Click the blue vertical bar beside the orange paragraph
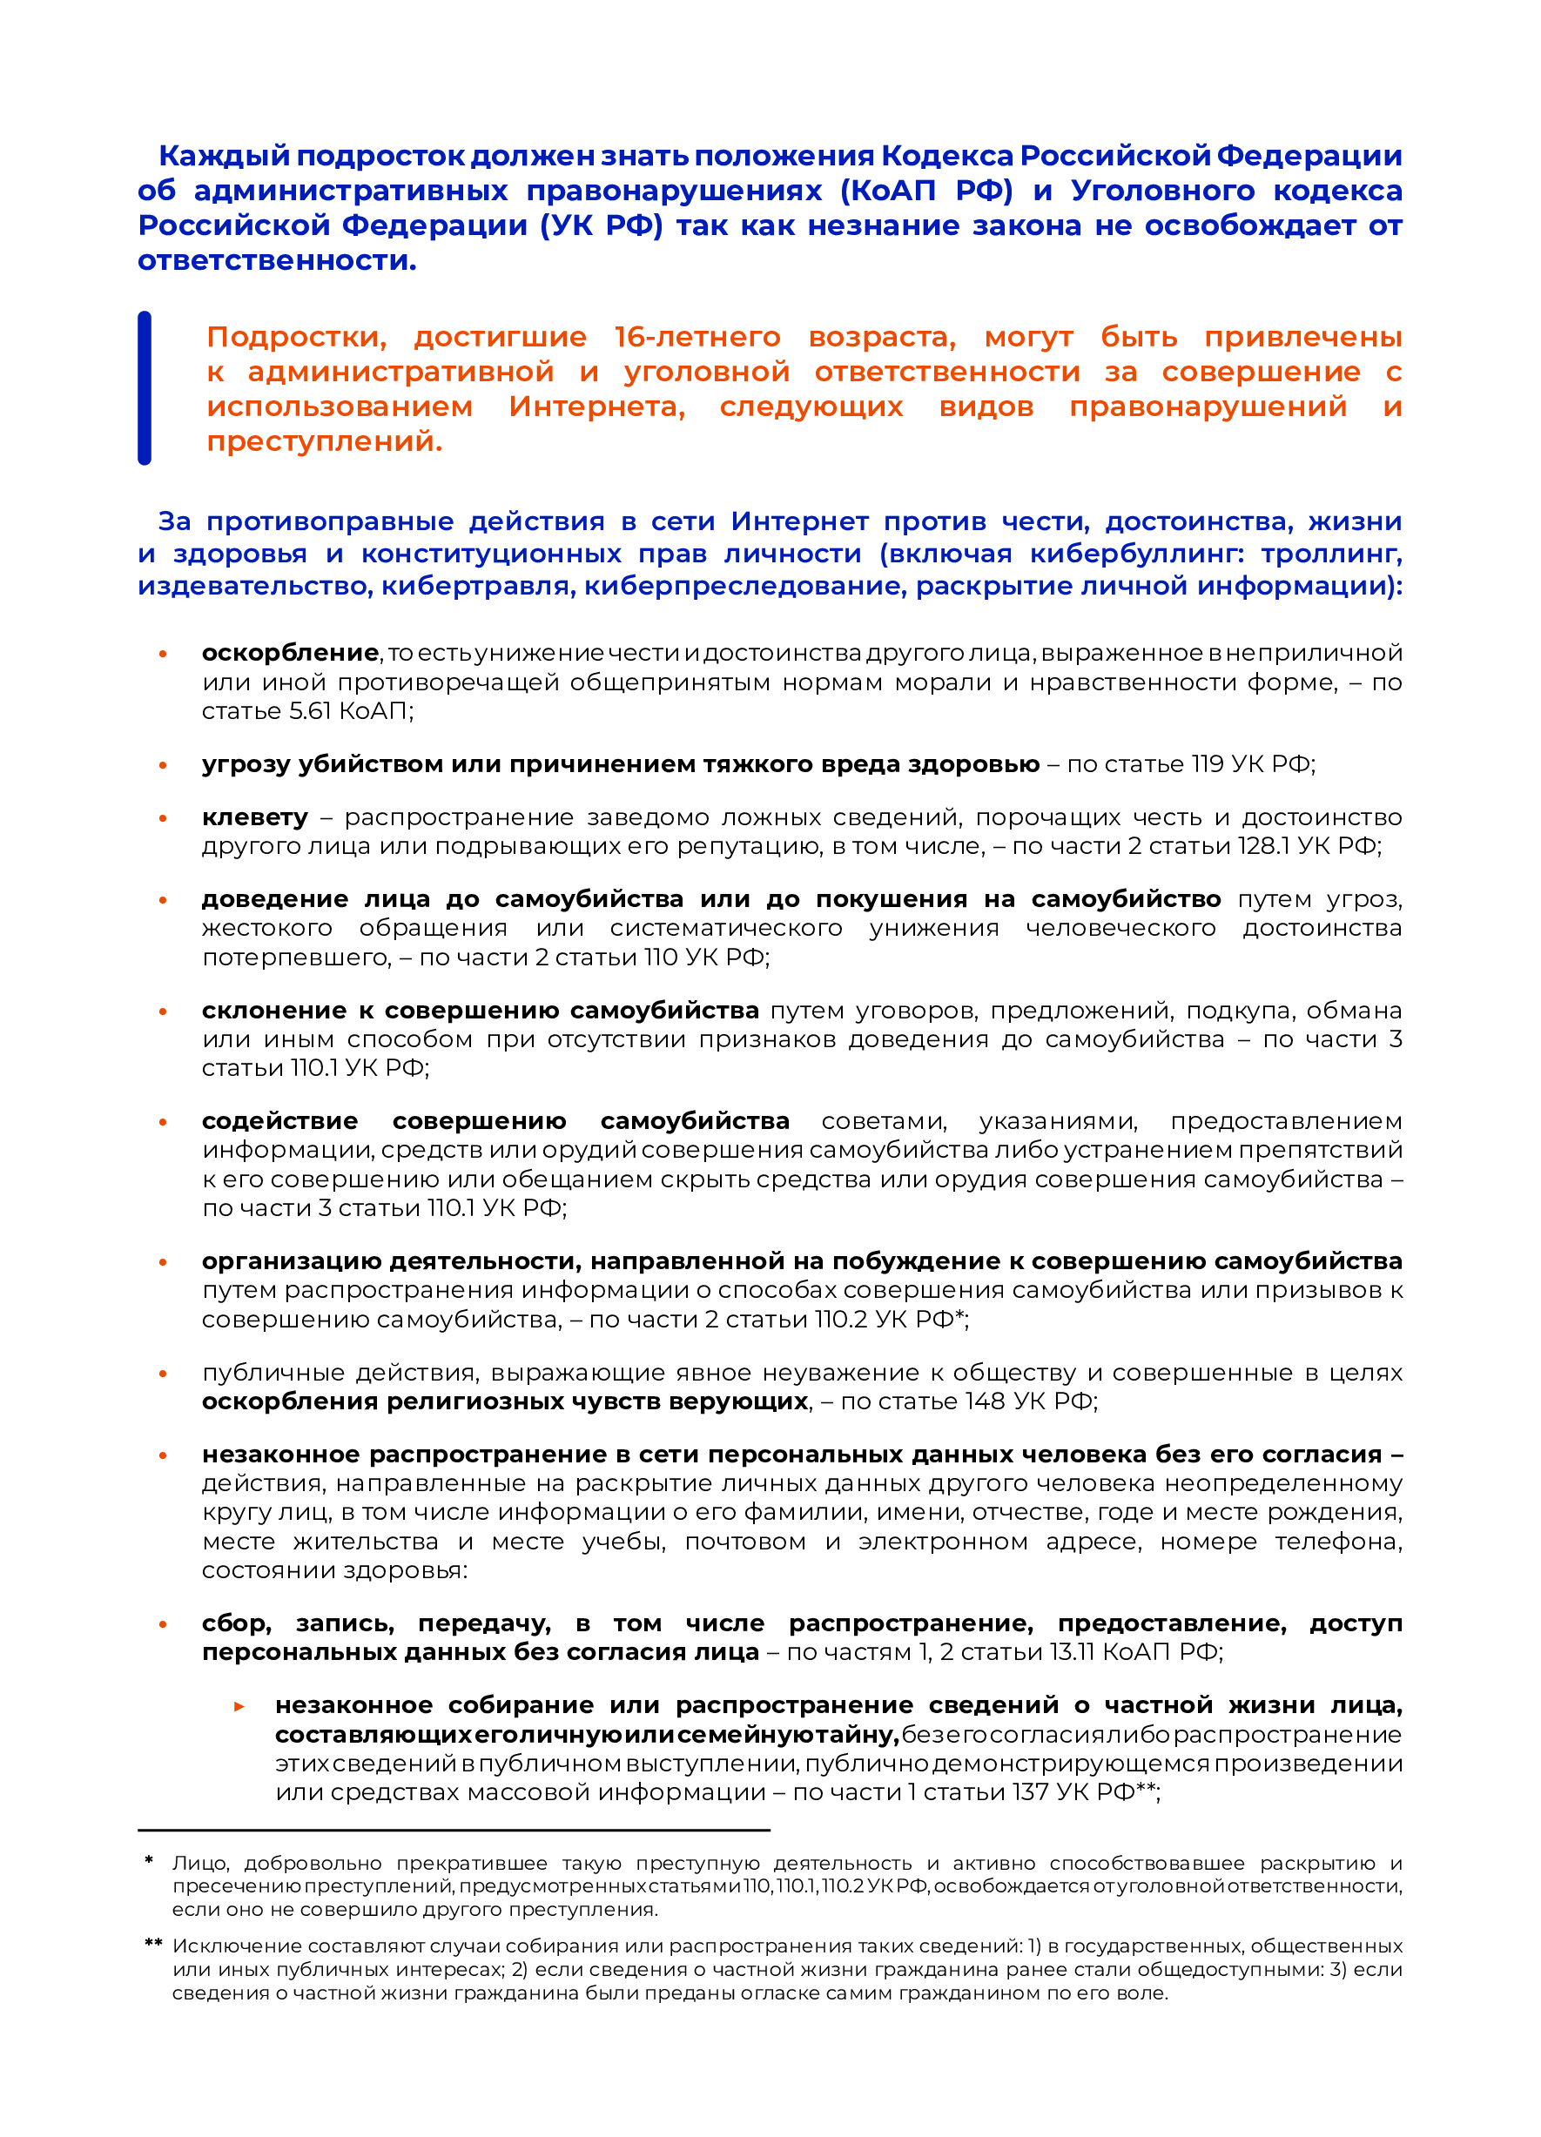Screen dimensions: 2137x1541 [145, 387]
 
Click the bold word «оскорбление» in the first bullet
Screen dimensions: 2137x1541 [290, 652]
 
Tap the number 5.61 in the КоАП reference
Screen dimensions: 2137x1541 [311, 710]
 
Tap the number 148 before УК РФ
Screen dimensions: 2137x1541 [985, 1401]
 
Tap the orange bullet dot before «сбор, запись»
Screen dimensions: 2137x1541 [163, 1624]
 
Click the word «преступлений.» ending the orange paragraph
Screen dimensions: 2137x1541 [324, 441]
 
